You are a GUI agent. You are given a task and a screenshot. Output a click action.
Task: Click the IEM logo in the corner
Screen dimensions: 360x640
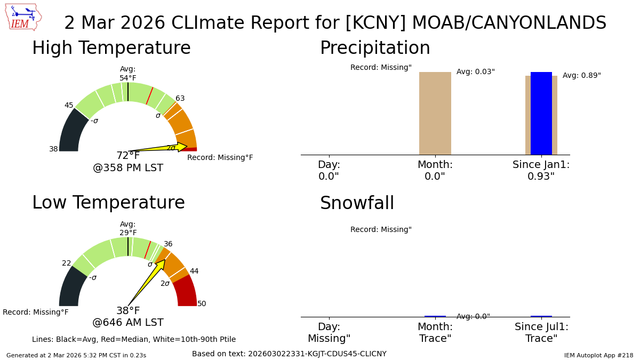tap(23, 17)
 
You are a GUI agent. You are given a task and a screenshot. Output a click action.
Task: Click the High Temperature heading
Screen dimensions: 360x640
tap(111, 49)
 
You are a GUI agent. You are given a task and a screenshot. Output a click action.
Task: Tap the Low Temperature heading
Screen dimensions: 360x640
tap(108, 203)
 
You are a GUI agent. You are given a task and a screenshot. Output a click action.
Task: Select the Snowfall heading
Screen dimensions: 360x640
tap(357, 204)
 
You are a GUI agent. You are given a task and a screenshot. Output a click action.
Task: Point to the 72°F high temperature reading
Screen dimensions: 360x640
tap(128, 156)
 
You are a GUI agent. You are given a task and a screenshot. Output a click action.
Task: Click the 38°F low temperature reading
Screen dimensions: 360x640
tap(128, 311)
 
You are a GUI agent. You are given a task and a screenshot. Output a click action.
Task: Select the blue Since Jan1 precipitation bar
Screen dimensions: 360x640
tap(541, 113)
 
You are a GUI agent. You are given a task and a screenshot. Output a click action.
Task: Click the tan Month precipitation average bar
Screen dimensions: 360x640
tap(435, 113)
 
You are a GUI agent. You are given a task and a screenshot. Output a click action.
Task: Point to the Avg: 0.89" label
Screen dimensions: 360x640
tap(581, 76)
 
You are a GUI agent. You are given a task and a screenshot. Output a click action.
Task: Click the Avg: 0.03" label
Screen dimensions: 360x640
tap(475, 72)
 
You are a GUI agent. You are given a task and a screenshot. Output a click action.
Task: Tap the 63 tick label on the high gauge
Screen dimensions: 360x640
tap(180, 99)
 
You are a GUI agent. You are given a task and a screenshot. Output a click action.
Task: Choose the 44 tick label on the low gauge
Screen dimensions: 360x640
tap(194, 271)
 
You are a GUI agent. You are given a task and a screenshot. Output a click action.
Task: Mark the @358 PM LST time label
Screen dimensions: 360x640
tap(128, 168)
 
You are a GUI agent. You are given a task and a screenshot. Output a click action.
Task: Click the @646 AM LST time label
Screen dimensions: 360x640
tap(128, 323)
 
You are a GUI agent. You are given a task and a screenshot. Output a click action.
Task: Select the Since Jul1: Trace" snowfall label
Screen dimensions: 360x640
tap(541, 333)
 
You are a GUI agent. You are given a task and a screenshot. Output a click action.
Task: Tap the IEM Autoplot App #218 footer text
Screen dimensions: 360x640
tap(598, 355)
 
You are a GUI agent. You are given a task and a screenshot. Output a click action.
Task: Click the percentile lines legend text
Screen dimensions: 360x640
tap(134, 340)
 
